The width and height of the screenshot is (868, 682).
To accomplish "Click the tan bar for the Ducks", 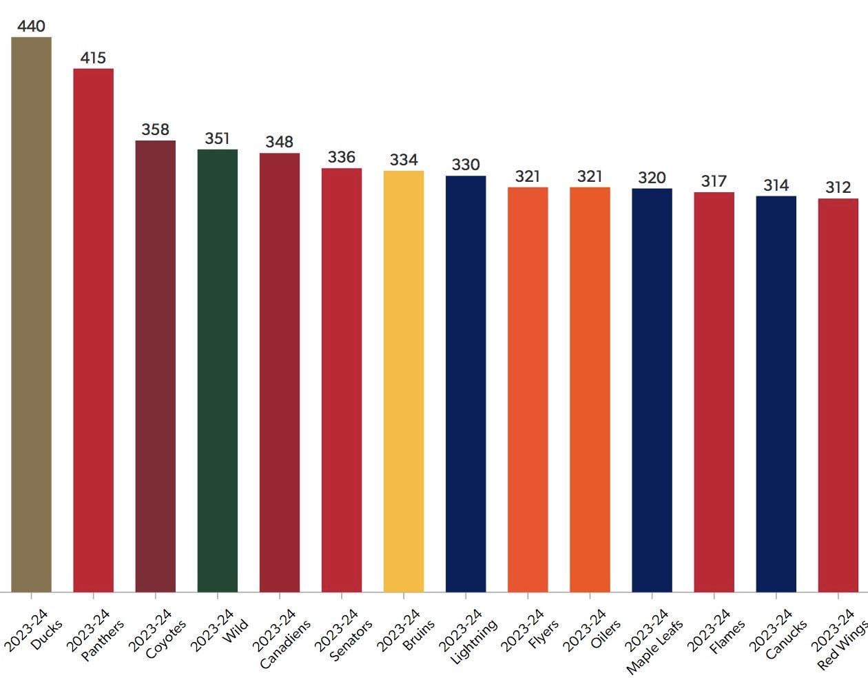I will pyautogui.click(x=31, y=314).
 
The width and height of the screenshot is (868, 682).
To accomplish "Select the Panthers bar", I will pyautogui.click(x=93, y=330).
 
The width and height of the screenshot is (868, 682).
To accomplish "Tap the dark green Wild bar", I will pyautogui.click(x=217, y=370).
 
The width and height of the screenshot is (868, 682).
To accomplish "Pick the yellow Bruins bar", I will pyautogui.click(x=404, y=381).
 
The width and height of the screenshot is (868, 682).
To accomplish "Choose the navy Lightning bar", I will pyautogui.click(x=466, y=384).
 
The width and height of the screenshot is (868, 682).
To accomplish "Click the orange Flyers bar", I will pyautogui.click(x=528, y=389).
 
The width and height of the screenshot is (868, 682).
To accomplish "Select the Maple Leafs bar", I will pyautogui.click(x=652, y=390).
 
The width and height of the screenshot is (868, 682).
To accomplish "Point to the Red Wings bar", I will pyautogui.click(x=838, y=395).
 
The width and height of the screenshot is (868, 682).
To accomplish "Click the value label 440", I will pyautogui.click(x=31, y=26).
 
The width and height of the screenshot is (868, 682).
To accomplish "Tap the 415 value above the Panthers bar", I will pyautogui.click(x=93, y=58).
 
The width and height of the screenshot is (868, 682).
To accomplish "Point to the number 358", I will pyautogui.click(x=155, y=130).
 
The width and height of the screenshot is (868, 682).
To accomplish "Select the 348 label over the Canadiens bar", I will pyautogui.click(x=279, y=142).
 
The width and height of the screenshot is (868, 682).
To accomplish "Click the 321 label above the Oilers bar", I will pyautogui.click(x=590, y=176).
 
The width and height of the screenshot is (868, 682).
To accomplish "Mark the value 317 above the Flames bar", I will pyautogui.click(x=714, y=181).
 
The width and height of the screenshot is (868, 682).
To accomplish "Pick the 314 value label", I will pyautogui.click(x=776, y=185).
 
